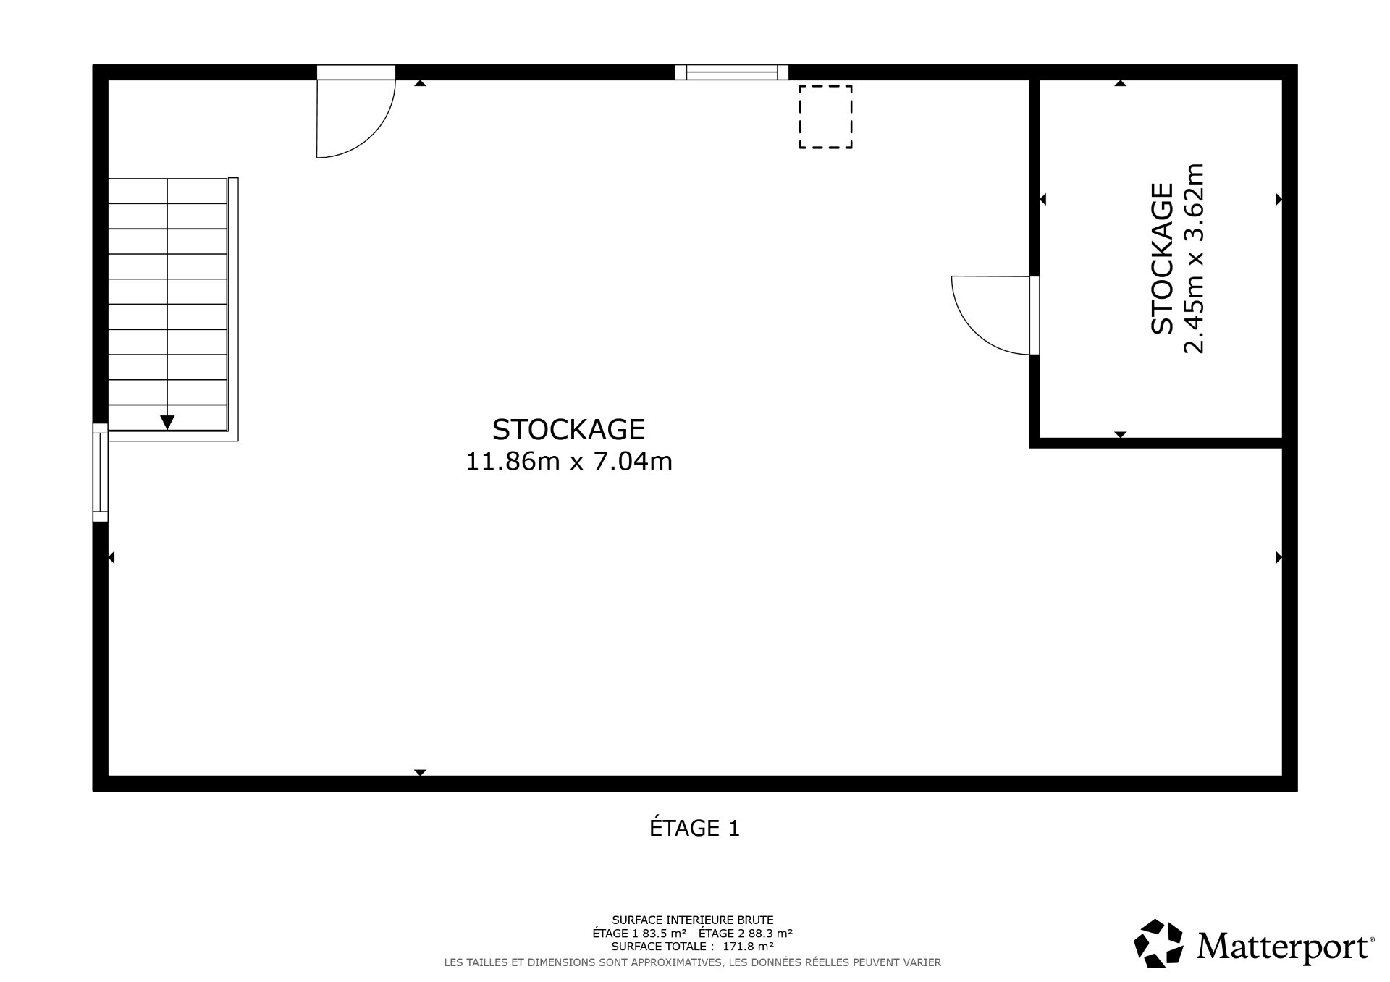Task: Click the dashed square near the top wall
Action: pos(825,117)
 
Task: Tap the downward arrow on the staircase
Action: pos(167,423)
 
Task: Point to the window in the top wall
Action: pos(731,72)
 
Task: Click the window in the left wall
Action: pos(100,472)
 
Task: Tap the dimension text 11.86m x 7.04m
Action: pos(568,461)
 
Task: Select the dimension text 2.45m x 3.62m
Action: pos(1193,258)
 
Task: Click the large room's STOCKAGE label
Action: pos(568,430)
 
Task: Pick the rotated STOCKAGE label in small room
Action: pos(1162,258)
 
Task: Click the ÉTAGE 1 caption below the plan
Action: pos(694,828)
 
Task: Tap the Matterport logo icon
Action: pos(1158,943)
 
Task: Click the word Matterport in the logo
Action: pos(1284,946)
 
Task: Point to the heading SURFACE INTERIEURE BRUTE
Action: pos(693,920)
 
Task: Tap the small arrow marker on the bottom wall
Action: pos(420,772)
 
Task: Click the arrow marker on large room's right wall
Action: pos(1279,557)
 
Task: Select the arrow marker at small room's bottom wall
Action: pos(1121,434)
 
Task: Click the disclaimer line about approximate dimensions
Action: pos(692,962)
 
